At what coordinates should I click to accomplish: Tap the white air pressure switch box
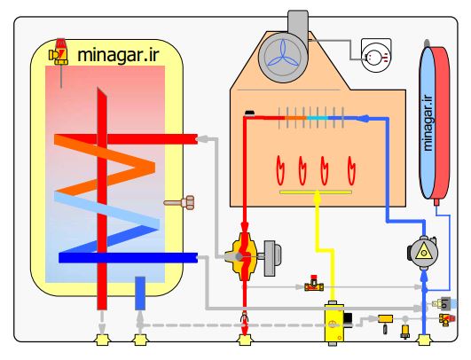point(376,55)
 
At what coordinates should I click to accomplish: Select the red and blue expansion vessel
point(435,122)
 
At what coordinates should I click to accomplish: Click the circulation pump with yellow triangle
point(422,252)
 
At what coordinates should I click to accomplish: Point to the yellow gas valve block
point(334,323)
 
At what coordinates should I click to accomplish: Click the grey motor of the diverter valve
point(272,258)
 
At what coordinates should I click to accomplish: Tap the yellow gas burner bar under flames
point(316,192)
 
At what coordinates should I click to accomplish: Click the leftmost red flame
point(280,170)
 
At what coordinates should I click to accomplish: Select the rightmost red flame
point(351,170)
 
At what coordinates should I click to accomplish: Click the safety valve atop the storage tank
point(59,51)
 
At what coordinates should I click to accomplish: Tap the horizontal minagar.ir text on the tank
point(118,55)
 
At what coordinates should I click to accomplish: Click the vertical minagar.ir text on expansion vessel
point(428,123)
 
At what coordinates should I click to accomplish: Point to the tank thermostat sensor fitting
point(179,203)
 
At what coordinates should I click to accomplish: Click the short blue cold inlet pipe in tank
point(140,293)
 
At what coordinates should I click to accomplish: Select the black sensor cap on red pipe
point(249,113)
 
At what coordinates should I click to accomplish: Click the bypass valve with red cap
point(314,284)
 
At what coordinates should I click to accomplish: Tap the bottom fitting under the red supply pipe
point(245,340)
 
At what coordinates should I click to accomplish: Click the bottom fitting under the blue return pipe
point(424,340)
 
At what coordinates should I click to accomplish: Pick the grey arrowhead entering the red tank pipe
point(202,138)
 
